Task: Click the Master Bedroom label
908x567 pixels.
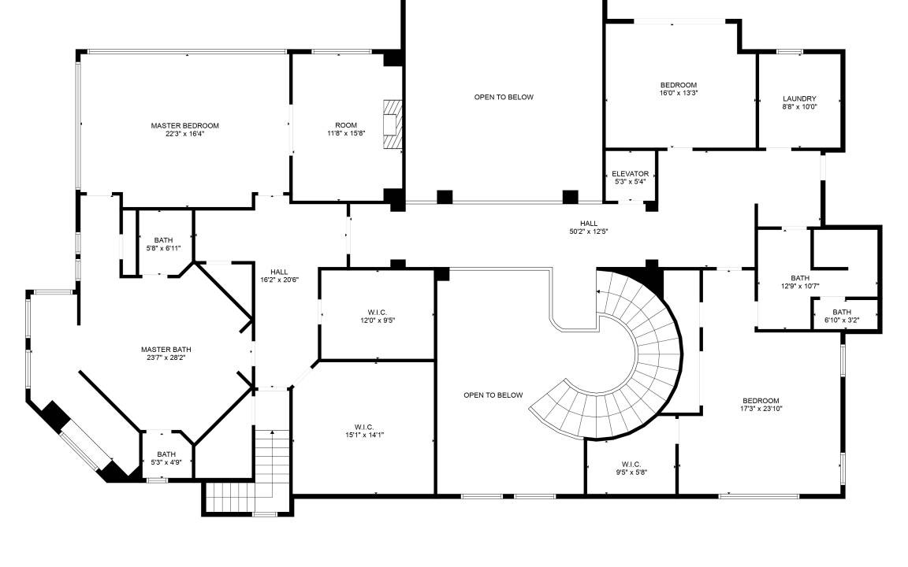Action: pyautogui.click(x=184, y=125)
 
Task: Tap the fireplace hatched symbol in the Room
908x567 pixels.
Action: pyautogui.click(x=392, y=125)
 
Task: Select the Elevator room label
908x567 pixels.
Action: pyautogui.click(x=630, y=173)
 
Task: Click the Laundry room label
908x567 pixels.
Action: pyautogui.click(x=799, y=99)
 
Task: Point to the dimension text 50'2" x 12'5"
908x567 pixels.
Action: pyautogui.click(x=588, y=232)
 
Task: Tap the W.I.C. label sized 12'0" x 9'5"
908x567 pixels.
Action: pyautogui.click(x=377, y=313)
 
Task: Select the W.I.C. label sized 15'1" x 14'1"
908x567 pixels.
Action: pyautogui.click(x=364, y=427)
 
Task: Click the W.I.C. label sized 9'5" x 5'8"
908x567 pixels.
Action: pyautogui.click(x=631, y=464)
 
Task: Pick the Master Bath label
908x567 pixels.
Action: pyautogui.click(x=166, y=350)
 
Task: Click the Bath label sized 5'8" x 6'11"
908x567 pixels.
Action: pyautogui.click(x=163, y=240)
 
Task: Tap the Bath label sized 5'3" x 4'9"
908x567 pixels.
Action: pyautogui.click(x=166, y=454)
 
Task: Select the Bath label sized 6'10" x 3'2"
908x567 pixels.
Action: pyautogui.click(x=842, y=313)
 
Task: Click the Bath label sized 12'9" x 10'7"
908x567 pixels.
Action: pyautogui.click(x=800, y=278)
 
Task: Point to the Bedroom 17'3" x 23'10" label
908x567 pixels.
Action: pyautogui.click(x=761, y=400)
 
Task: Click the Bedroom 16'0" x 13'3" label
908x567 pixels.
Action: pyautogui.click(x=679, y=85)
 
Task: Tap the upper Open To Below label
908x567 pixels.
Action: pyautogui.click(x=504, y=97)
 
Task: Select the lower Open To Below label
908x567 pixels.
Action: pyautogui.click(x=493, y=395)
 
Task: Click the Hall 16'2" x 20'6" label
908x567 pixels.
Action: pyautogui.click(x=279, y=272)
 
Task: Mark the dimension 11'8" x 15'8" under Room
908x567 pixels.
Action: pyautogui.click(x=346, y=133)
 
